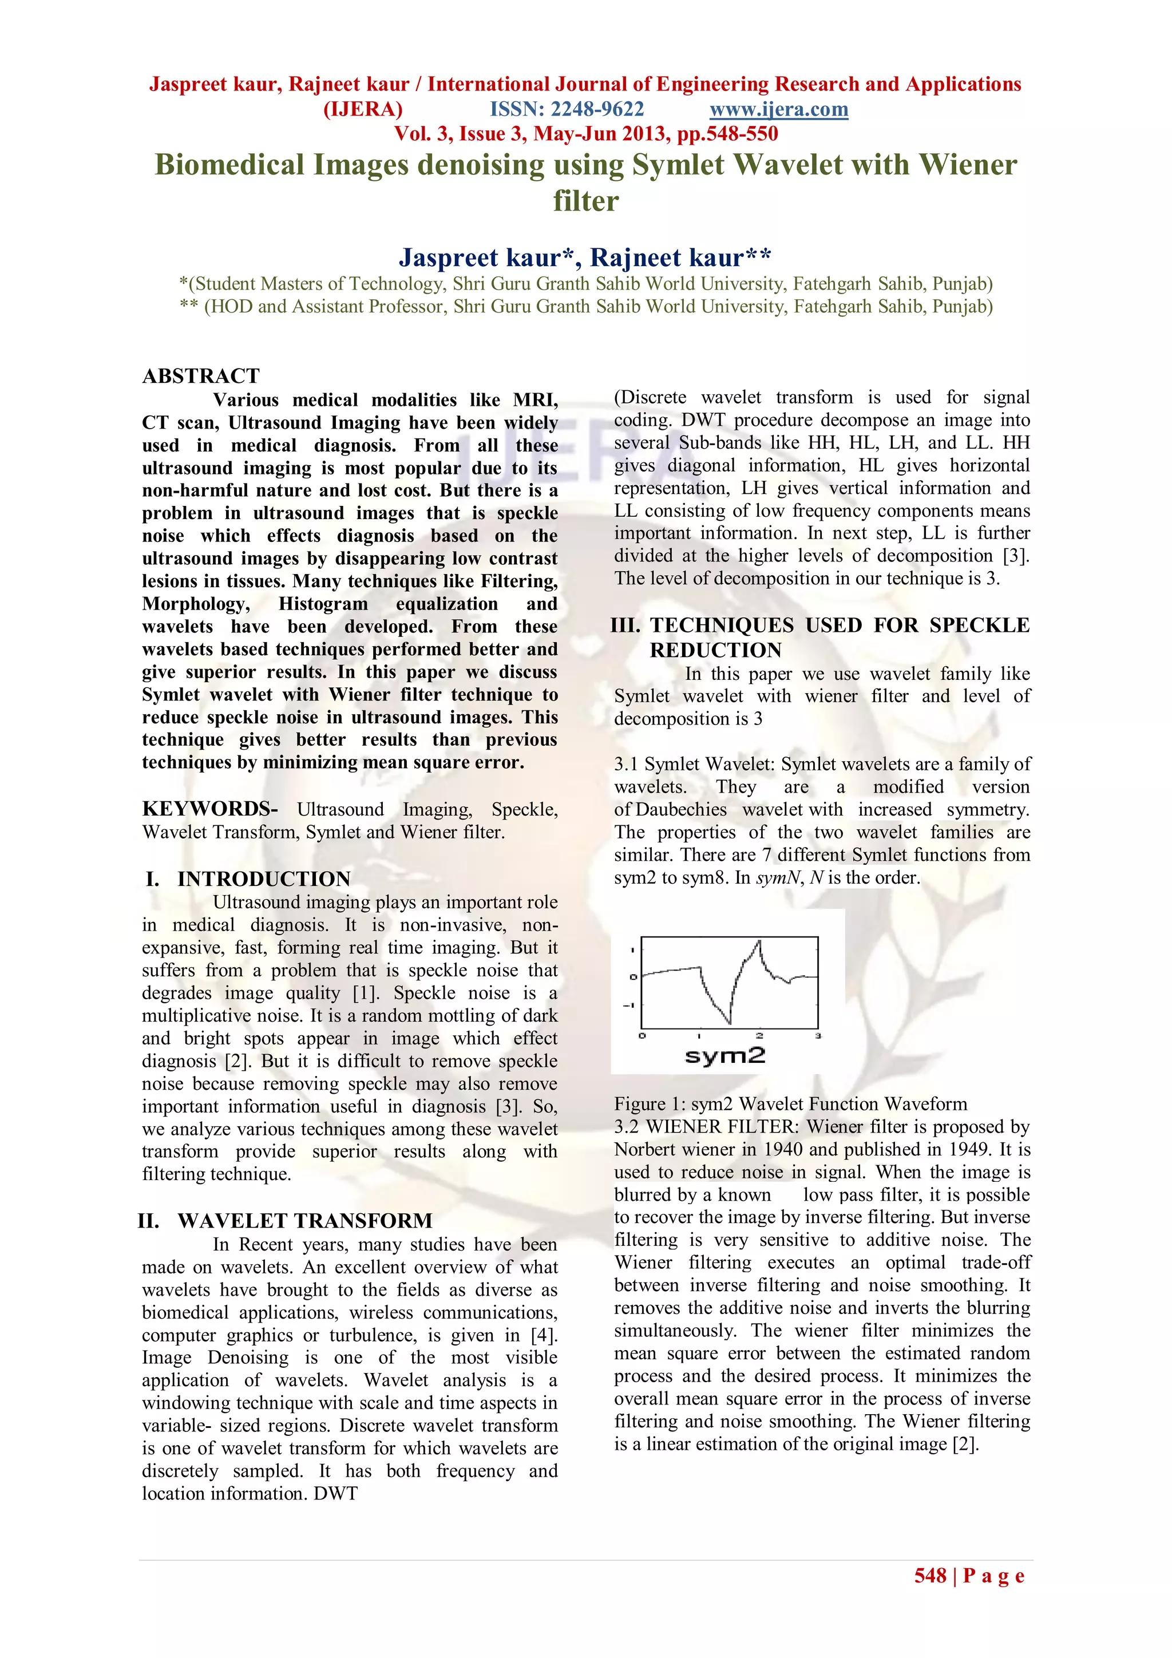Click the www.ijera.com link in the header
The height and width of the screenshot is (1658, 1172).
(778, 109)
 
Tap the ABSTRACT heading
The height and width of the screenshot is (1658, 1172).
(201, 375)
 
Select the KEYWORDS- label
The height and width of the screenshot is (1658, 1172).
(209, 808)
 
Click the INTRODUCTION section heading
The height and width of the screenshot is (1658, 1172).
(264, 879)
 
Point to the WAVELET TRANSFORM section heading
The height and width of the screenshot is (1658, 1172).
(305, 1220)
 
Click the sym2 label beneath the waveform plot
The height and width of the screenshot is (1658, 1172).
(724, 1056)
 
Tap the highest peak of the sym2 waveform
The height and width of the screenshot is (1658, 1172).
(759, 941)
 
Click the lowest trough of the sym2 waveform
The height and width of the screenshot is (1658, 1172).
(729, 1023)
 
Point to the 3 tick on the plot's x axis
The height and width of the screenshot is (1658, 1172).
(817, 1036)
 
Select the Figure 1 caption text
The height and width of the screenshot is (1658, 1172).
(790, 1103)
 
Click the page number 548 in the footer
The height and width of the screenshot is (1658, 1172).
(930, 1575)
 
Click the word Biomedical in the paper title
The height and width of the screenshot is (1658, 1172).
(229, 165)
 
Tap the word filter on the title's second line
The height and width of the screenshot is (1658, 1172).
(585, 201)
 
